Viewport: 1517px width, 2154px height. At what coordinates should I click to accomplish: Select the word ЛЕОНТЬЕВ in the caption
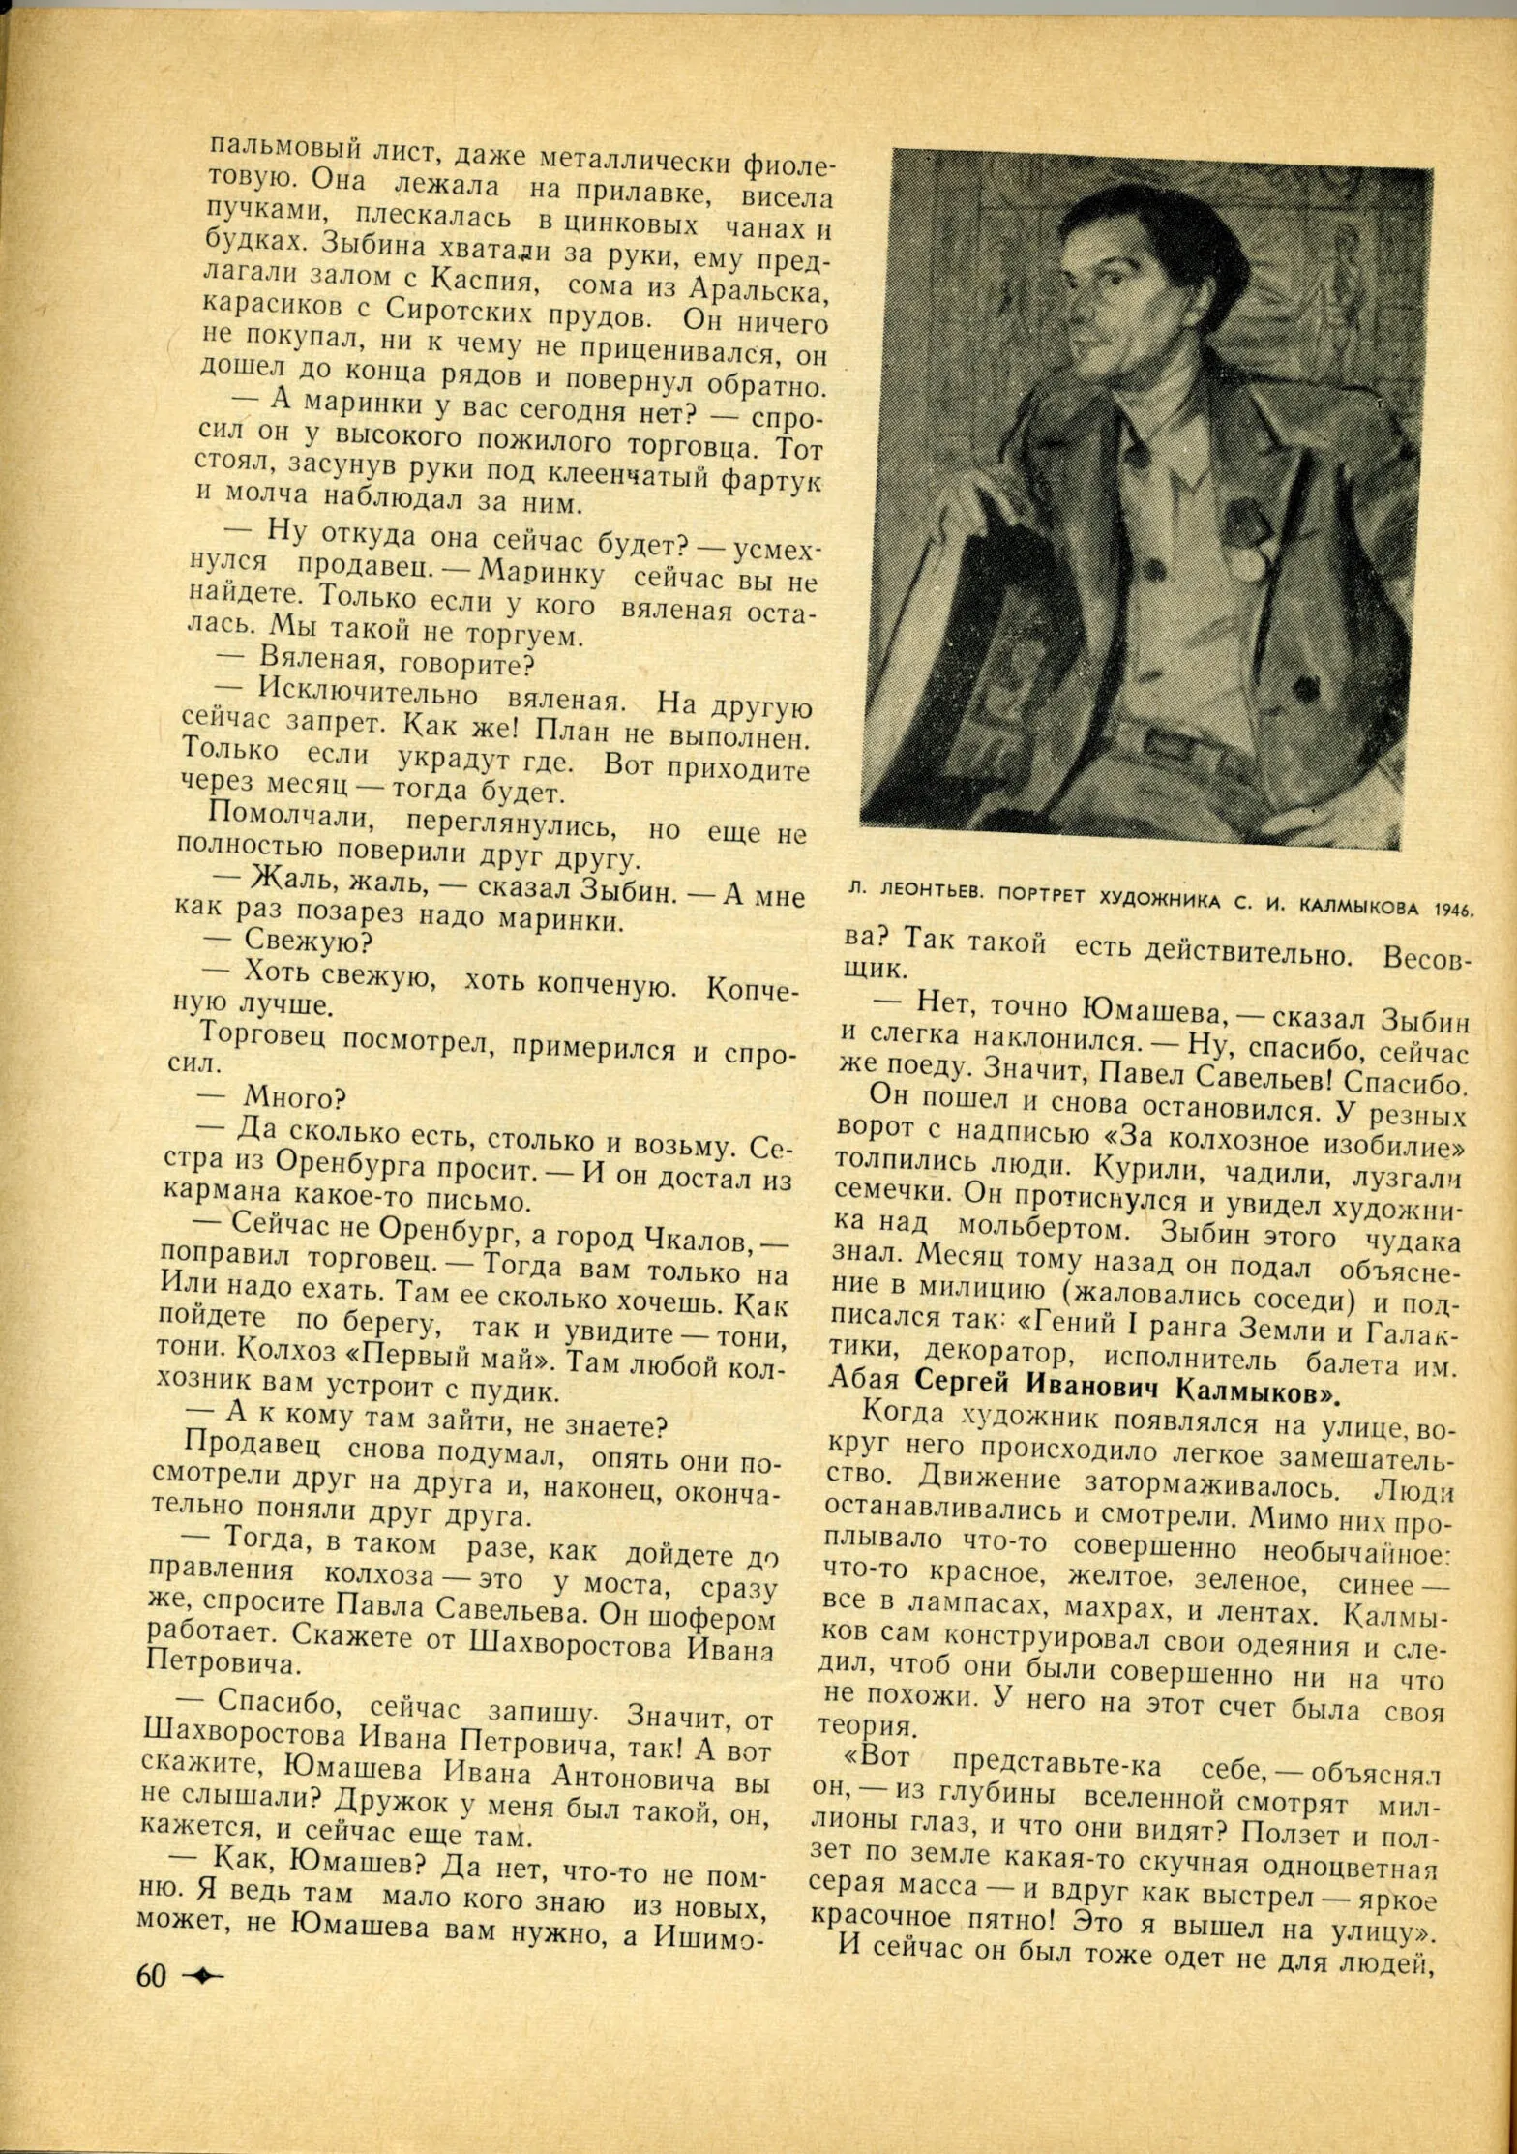[x=931, y=891]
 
